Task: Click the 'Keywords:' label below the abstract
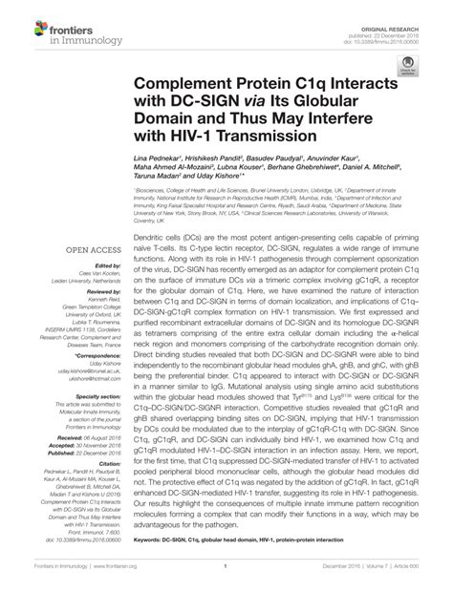pyautogui.click(x=151, y=540)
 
